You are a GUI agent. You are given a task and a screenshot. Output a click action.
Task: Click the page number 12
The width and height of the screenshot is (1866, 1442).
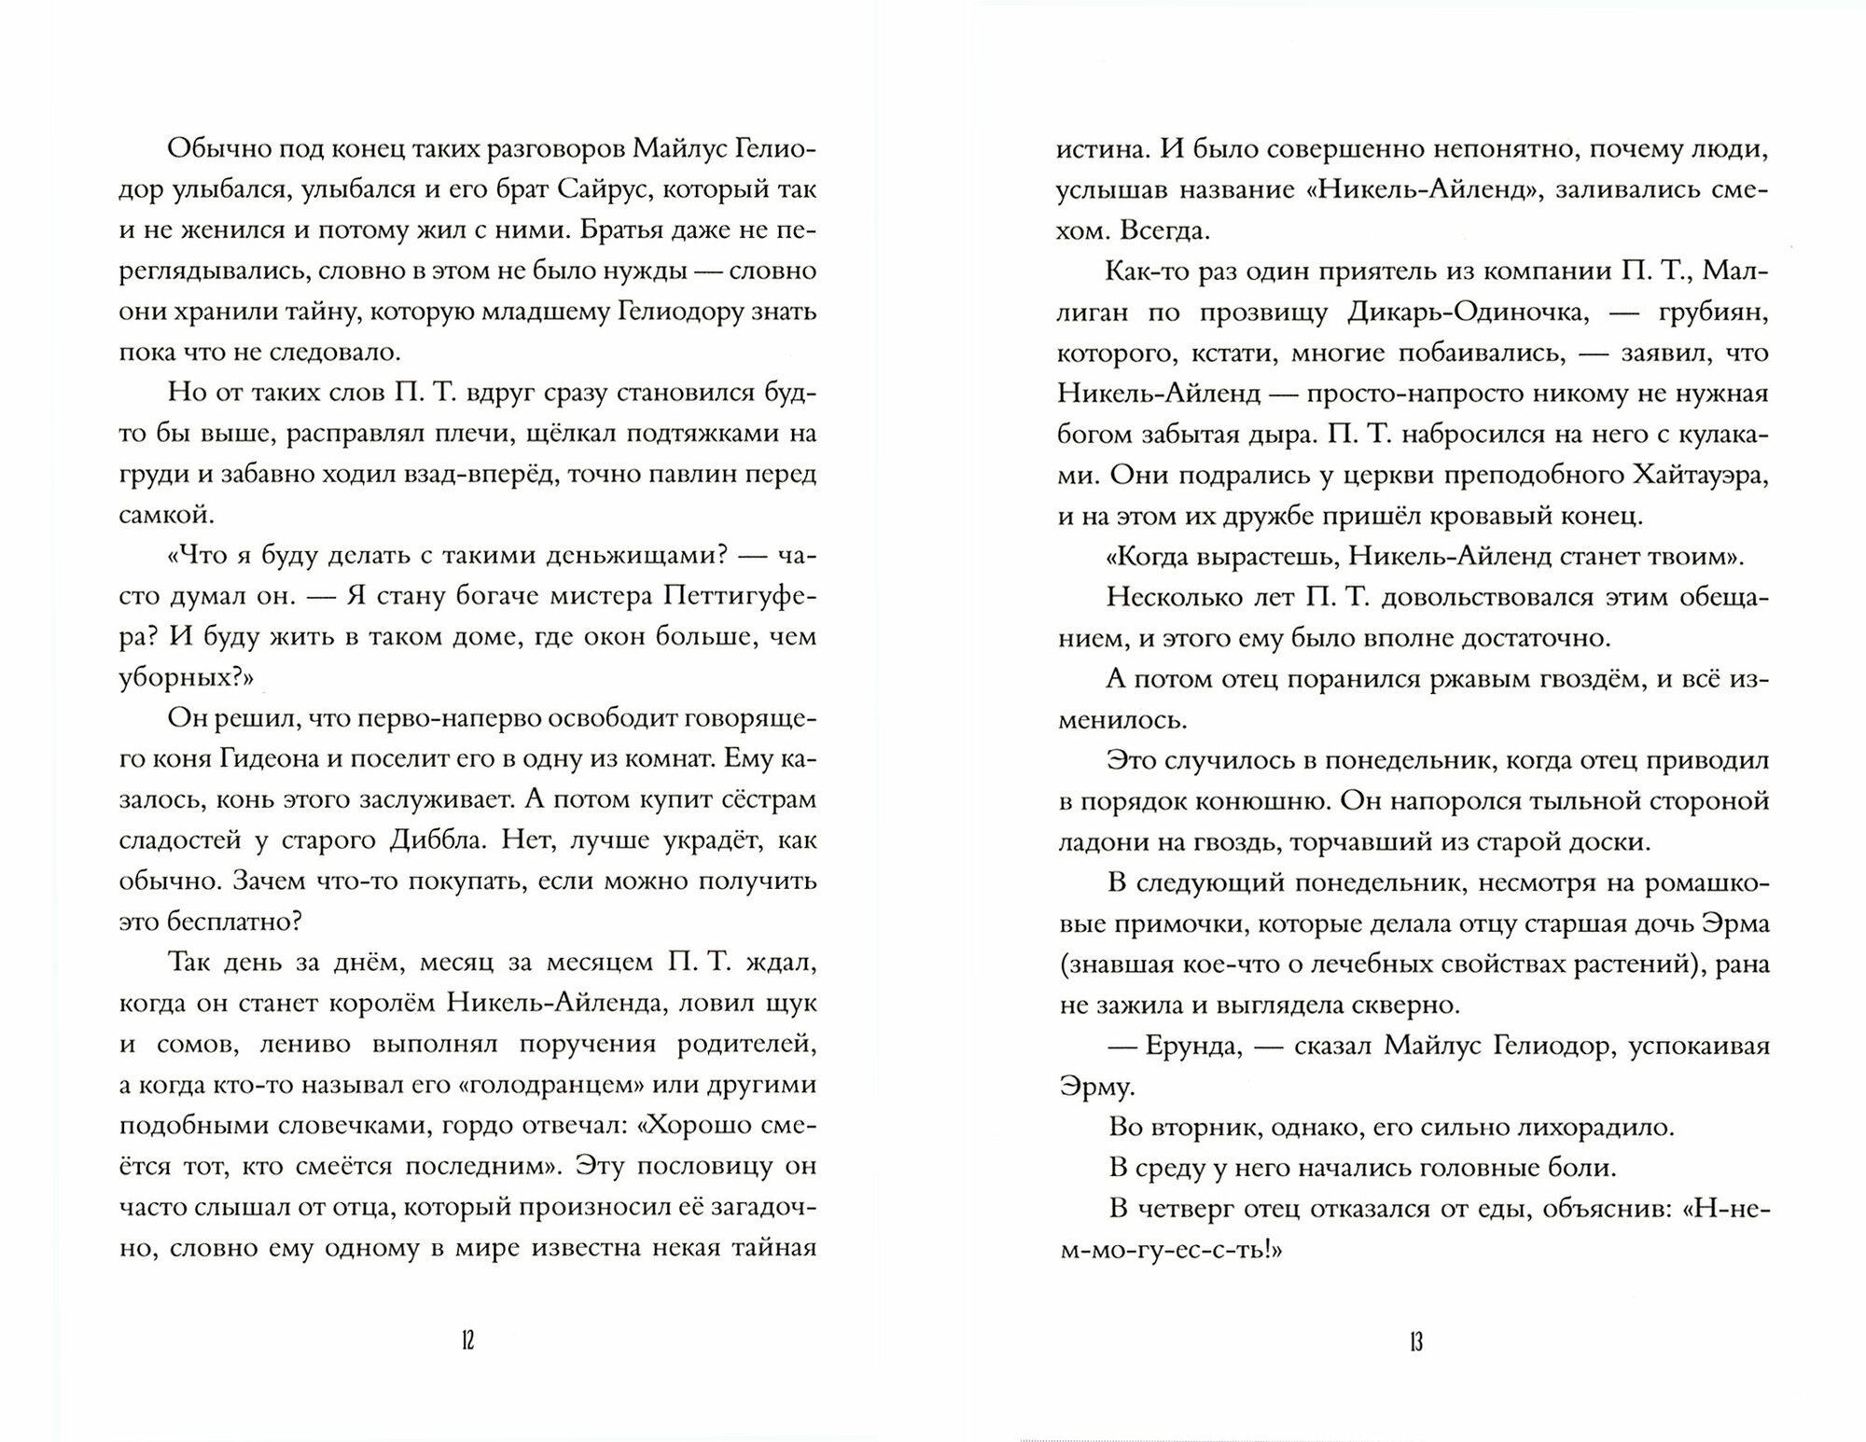468,1341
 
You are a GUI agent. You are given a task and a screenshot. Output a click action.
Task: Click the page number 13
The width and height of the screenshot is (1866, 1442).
1415,1341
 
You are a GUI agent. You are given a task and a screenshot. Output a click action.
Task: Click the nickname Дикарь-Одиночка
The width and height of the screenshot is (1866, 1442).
1468,312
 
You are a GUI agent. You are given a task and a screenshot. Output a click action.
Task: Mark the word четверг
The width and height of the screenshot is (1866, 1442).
1199,1208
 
